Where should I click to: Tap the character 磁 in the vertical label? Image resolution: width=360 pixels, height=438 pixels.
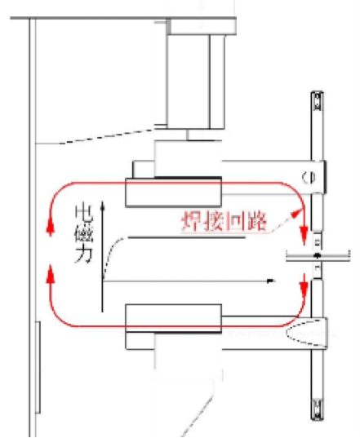coord(83,233)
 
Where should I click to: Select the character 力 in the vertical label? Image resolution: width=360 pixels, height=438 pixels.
coord(83,254)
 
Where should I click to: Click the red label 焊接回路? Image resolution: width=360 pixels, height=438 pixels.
coord(224,222)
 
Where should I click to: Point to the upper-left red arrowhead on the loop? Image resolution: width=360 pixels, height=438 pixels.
coord(51,226)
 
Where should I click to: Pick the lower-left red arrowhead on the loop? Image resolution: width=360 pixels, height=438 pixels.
coord(51,273)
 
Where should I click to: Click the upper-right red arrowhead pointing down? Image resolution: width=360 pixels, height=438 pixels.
coord(304,237)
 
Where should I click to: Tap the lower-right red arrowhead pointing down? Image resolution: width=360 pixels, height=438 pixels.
coord(304,284)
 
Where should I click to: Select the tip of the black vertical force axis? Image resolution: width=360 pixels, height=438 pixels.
coord(102,201)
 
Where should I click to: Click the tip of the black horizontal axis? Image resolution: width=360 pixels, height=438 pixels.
coord(276,281)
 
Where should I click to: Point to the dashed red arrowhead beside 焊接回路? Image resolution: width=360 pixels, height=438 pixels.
coord(297,215)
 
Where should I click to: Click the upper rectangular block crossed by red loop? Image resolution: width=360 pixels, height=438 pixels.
coord(174,192)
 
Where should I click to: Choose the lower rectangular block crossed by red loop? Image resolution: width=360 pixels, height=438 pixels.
coord(174,318)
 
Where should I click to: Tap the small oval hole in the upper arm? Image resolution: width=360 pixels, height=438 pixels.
coord(309,177)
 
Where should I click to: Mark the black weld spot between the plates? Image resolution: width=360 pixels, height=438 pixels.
coord(317,255)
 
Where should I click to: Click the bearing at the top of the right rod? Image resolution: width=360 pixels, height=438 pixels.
coord(318,101)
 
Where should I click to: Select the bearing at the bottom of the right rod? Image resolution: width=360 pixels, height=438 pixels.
coord(318,410)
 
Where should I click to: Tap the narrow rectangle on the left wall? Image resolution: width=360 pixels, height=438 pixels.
coord(38,367)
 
